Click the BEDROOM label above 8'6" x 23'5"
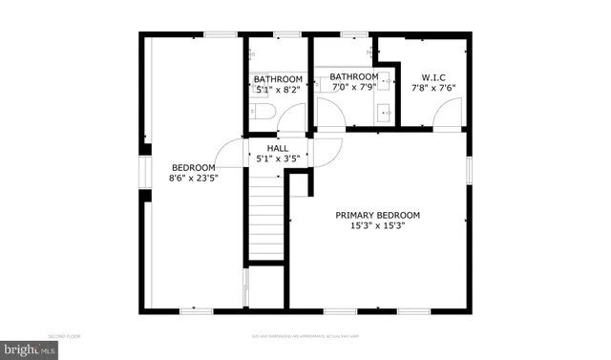(x=192, y=167)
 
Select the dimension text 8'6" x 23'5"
(x=192, y=178)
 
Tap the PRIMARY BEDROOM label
(x=377, y=215)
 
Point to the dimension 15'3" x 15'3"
(x=377, y=226)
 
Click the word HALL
(x=278, y=148)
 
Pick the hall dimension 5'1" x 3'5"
(x=278, y=159)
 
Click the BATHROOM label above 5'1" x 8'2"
(x=278, y=78)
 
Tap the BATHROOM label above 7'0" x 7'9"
(x=354, y=76)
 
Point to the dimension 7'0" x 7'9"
(x=354, y=88)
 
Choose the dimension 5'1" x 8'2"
(x=278, y=89)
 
